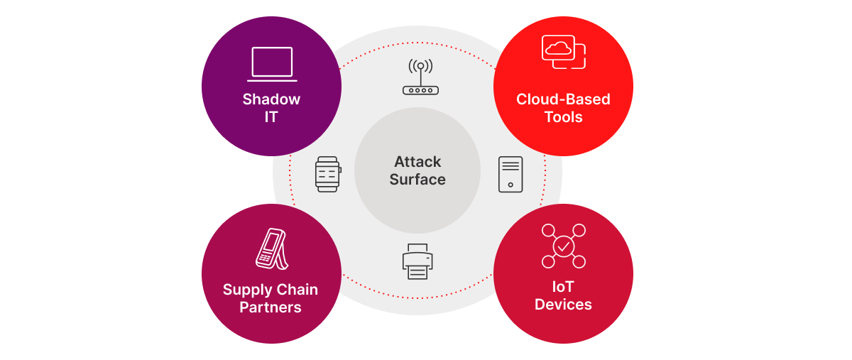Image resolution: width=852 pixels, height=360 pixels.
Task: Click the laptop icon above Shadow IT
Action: coord(272,64)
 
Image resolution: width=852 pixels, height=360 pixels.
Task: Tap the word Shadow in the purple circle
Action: coord(271,99)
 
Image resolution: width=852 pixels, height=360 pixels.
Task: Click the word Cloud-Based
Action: coord(563,99)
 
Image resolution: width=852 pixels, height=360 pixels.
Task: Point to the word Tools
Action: coord(563,116)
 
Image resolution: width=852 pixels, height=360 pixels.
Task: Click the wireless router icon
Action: coord(420,78)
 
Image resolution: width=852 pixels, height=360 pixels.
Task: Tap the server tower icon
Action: coord(510,174)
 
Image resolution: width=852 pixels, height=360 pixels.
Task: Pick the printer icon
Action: coord(417,261)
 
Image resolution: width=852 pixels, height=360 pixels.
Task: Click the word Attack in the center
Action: coord(417,162)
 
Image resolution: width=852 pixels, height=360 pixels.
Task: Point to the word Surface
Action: coord(417,180)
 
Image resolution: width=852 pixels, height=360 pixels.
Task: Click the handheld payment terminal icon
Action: coord(271,249)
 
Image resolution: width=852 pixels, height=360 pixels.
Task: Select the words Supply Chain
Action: coord(271,290)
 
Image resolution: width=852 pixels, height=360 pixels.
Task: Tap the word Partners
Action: coord(271,307)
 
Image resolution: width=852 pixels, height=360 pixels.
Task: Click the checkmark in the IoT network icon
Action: coord(563,246)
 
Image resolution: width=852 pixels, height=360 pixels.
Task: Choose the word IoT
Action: coord(563,287)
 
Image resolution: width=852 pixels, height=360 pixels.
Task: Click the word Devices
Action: coord(563,305)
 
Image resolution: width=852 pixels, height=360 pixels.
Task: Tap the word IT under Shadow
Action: coord(271,116)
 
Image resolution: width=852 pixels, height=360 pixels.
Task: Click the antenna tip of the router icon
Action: coord(420,66)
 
